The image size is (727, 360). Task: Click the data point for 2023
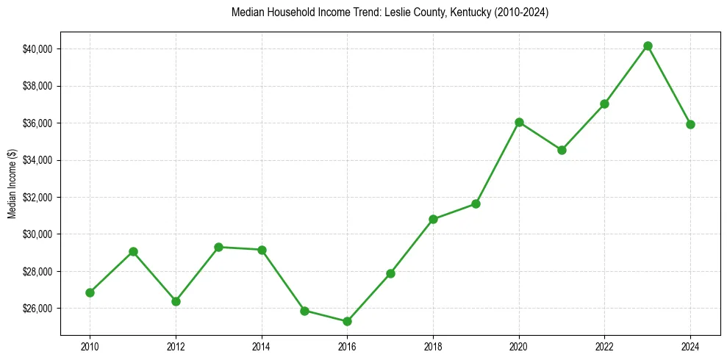[648, 46]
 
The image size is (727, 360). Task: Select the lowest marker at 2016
[347, 321]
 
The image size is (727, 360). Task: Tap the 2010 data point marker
[90, 292]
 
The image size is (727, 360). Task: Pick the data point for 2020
[519, 122]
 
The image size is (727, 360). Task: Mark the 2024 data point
[690, 124]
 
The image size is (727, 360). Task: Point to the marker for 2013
[218, 247]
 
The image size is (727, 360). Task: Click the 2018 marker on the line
[433, 219]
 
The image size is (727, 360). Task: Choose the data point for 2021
[562, 150]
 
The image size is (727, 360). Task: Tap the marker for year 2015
[304, 310]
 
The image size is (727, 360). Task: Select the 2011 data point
[133, 251]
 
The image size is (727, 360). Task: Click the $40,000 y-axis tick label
[37, 49]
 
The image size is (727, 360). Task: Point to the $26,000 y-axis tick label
[37, 309]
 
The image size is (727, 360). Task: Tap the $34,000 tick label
[37, 160]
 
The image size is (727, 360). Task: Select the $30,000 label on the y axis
[37, 234]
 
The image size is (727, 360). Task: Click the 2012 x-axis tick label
[176, 345]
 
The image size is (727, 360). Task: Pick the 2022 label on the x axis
[604, 345]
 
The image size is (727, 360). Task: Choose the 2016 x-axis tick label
[347, 345]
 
